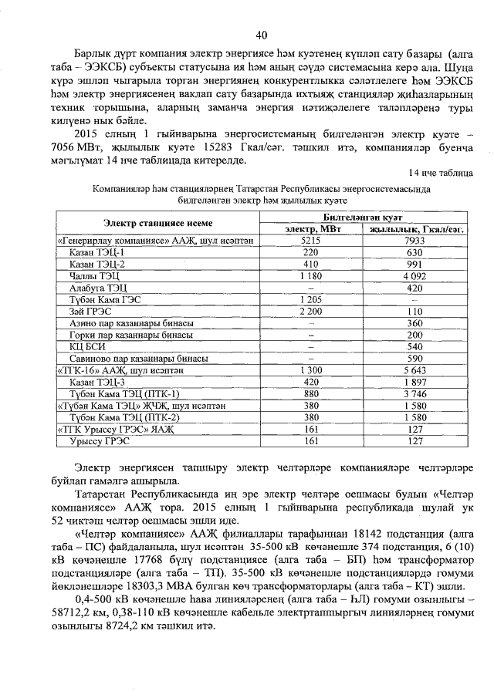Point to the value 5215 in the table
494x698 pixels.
coord(310,241)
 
